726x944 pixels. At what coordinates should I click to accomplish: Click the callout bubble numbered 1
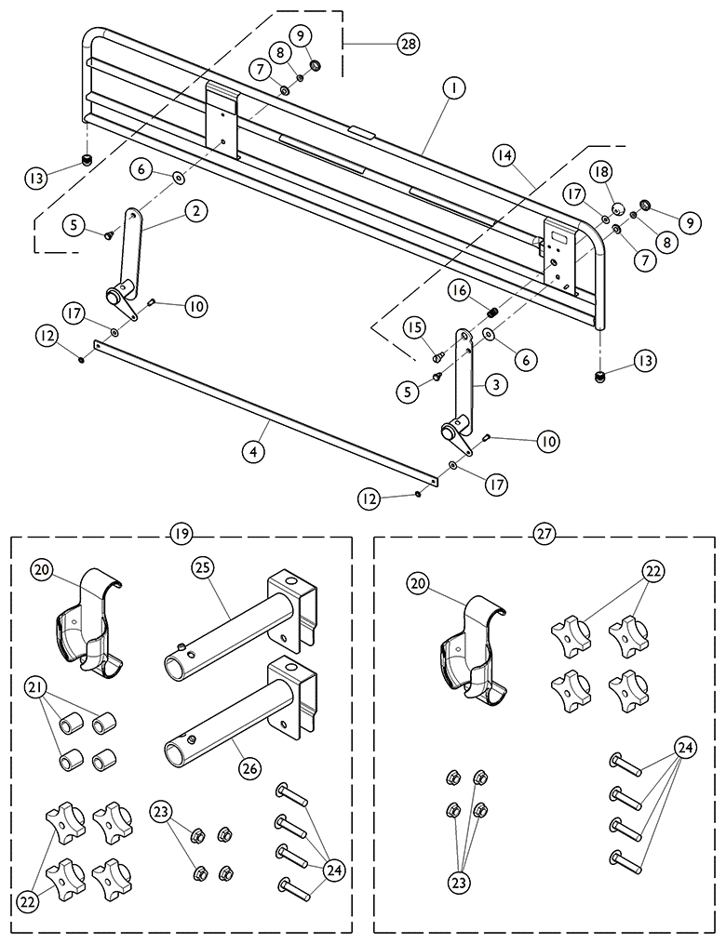[453, 89]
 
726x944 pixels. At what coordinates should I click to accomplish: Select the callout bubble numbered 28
[408, 44]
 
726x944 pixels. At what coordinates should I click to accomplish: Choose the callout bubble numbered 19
[181, 533]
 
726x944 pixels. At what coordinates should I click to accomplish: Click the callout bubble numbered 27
[544, 533]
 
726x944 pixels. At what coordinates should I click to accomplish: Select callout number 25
[203, 567]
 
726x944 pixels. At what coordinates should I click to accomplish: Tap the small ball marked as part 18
[615, 207]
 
